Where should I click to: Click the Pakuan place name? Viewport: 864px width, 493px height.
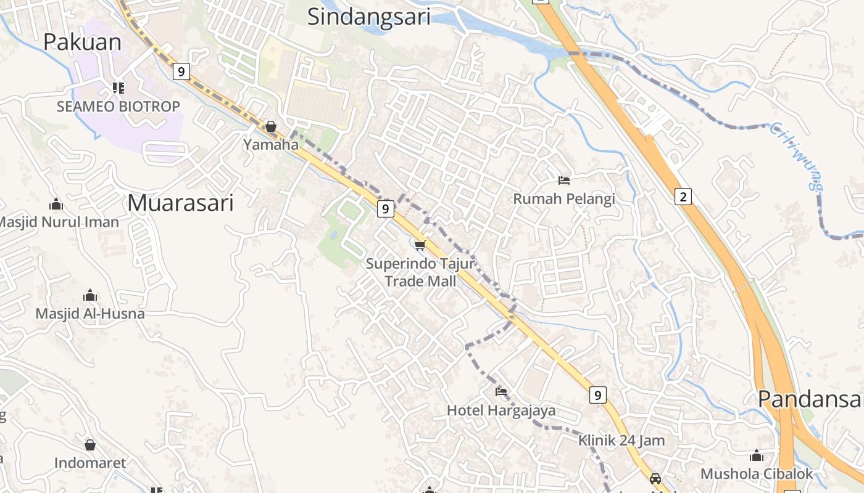(83, 42)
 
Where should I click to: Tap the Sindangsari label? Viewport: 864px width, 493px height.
(368, 17)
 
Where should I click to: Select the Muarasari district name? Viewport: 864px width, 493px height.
(181, 203)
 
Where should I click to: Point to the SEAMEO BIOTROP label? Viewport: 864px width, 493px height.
(118, 107)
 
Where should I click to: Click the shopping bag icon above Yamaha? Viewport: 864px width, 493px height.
(271, 127)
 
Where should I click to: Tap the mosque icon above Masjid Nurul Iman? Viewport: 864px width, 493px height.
(56, 204)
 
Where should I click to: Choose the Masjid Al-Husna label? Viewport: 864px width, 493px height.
(90, 314)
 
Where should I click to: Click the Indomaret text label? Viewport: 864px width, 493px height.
(90, 463)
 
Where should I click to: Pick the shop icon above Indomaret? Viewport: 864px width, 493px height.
(90, 445)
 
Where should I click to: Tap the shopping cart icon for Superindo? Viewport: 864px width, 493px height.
(420, 246)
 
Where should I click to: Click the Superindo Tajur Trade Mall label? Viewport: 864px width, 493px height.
(420, 272)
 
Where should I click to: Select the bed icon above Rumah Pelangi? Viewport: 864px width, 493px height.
(564, 181)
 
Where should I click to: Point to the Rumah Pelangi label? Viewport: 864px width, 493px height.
(565, 199)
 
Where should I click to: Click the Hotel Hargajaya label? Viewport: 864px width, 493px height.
(501, 410)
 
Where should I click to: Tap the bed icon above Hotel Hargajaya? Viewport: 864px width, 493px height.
(501, 392)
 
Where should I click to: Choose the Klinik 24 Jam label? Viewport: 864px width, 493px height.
(621, 441)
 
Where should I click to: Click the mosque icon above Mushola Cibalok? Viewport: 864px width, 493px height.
(757, 456)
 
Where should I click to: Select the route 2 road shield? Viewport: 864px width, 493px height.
(683, 197)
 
